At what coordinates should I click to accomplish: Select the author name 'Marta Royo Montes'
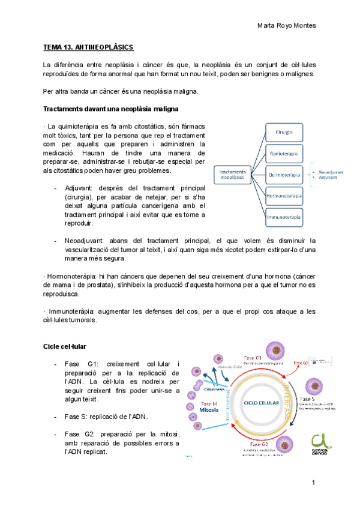tap(286, 26)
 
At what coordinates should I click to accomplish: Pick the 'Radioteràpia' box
tap(284, 153)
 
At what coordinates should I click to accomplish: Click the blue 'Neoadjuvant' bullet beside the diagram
tap(331, 172)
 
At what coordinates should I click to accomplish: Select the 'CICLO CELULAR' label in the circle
tap(251, 404)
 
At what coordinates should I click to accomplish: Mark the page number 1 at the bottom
tap(313, 483)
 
